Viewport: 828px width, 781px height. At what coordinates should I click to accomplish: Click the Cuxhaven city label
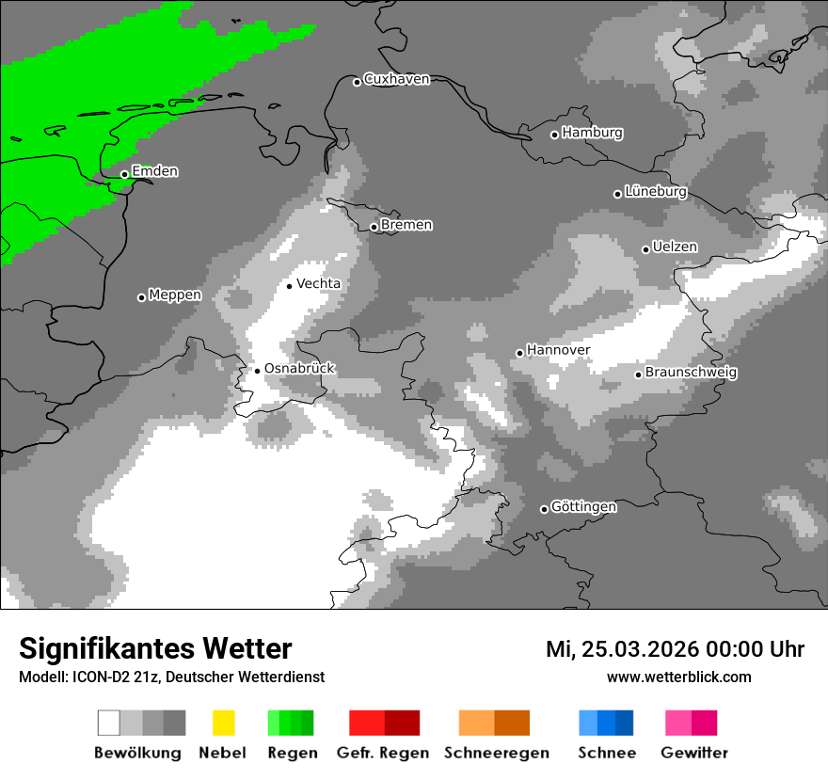396,79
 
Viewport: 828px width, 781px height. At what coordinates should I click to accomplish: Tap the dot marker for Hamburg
554,135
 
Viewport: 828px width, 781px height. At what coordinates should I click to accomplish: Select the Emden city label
154,171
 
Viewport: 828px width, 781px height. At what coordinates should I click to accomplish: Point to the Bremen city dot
374,227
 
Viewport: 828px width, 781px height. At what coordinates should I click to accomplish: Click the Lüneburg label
656,191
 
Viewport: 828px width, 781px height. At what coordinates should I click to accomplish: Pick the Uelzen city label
675,247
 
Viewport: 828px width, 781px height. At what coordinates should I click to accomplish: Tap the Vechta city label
318,283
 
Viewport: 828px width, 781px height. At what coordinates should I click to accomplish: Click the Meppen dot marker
141,297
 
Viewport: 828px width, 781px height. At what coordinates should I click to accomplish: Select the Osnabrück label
299,369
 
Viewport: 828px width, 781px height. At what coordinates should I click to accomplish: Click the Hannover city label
558,350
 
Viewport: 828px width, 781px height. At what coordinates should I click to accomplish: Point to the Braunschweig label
691,372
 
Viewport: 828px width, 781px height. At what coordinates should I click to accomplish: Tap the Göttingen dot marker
544,509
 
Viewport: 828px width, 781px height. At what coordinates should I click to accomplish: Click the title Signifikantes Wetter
155,649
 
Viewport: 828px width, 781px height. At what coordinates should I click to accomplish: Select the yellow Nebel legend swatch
223,723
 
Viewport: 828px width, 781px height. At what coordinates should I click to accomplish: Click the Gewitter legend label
694,753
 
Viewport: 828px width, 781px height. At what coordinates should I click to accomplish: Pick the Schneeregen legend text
497,753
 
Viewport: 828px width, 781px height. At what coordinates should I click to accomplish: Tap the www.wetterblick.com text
678,677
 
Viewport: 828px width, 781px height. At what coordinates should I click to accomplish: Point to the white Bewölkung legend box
109,723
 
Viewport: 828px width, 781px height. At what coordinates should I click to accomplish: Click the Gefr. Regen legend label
383,753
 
